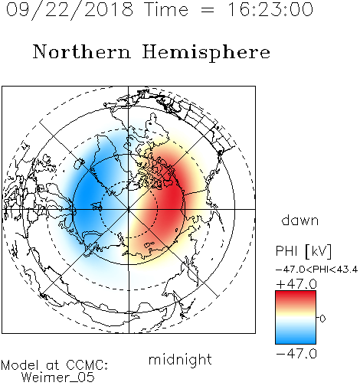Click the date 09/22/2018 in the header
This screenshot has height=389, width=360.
click(x=70, y=10)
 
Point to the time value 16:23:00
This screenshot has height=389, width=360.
click(x=270, y=9)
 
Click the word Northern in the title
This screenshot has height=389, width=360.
click(x=82, y=52)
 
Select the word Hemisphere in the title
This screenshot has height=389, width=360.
click(x=206, y=53)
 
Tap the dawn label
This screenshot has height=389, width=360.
click(x=300, y=220)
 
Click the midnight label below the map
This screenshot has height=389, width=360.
click(x=180, y=360)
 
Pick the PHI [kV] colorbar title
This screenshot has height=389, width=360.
click(x=303, y=251)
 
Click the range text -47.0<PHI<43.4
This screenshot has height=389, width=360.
click(x=316, y=270)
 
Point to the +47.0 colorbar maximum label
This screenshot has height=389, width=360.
click(x=296, y=284)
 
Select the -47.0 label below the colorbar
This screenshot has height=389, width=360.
click(x=296, y=354)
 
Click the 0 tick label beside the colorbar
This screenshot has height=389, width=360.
click(x=322, y=319)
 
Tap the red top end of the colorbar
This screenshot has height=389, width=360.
click(x=296, y=293)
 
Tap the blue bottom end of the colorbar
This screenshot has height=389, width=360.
click(x=296, y=342)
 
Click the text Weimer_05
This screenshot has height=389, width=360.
click(x=58, y=378)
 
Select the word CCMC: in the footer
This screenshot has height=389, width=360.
click(x=87, y=365)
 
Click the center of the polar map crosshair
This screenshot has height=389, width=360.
click(x=129, y=209)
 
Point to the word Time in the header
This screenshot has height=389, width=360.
click(x=166, y=9)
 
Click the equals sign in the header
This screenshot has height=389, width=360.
click(x=208, y=10)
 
